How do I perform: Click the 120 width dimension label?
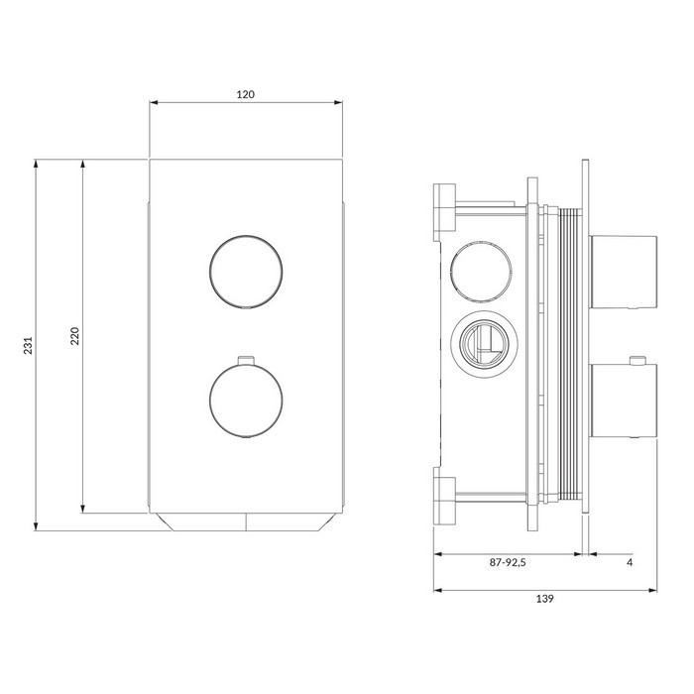246,94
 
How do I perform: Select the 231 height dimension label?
29,345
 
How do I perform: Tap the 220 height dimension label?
74,336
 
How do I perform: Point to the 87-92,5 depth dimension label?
508,562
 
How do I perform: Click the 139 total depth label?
545,599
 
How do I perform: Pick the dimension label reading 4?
630,562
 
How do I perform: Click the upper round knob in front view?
246,272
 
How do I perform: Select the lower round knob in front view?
246,401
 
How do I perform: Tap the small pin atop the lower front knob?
246,360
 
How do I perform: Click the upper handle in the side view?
624,272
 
